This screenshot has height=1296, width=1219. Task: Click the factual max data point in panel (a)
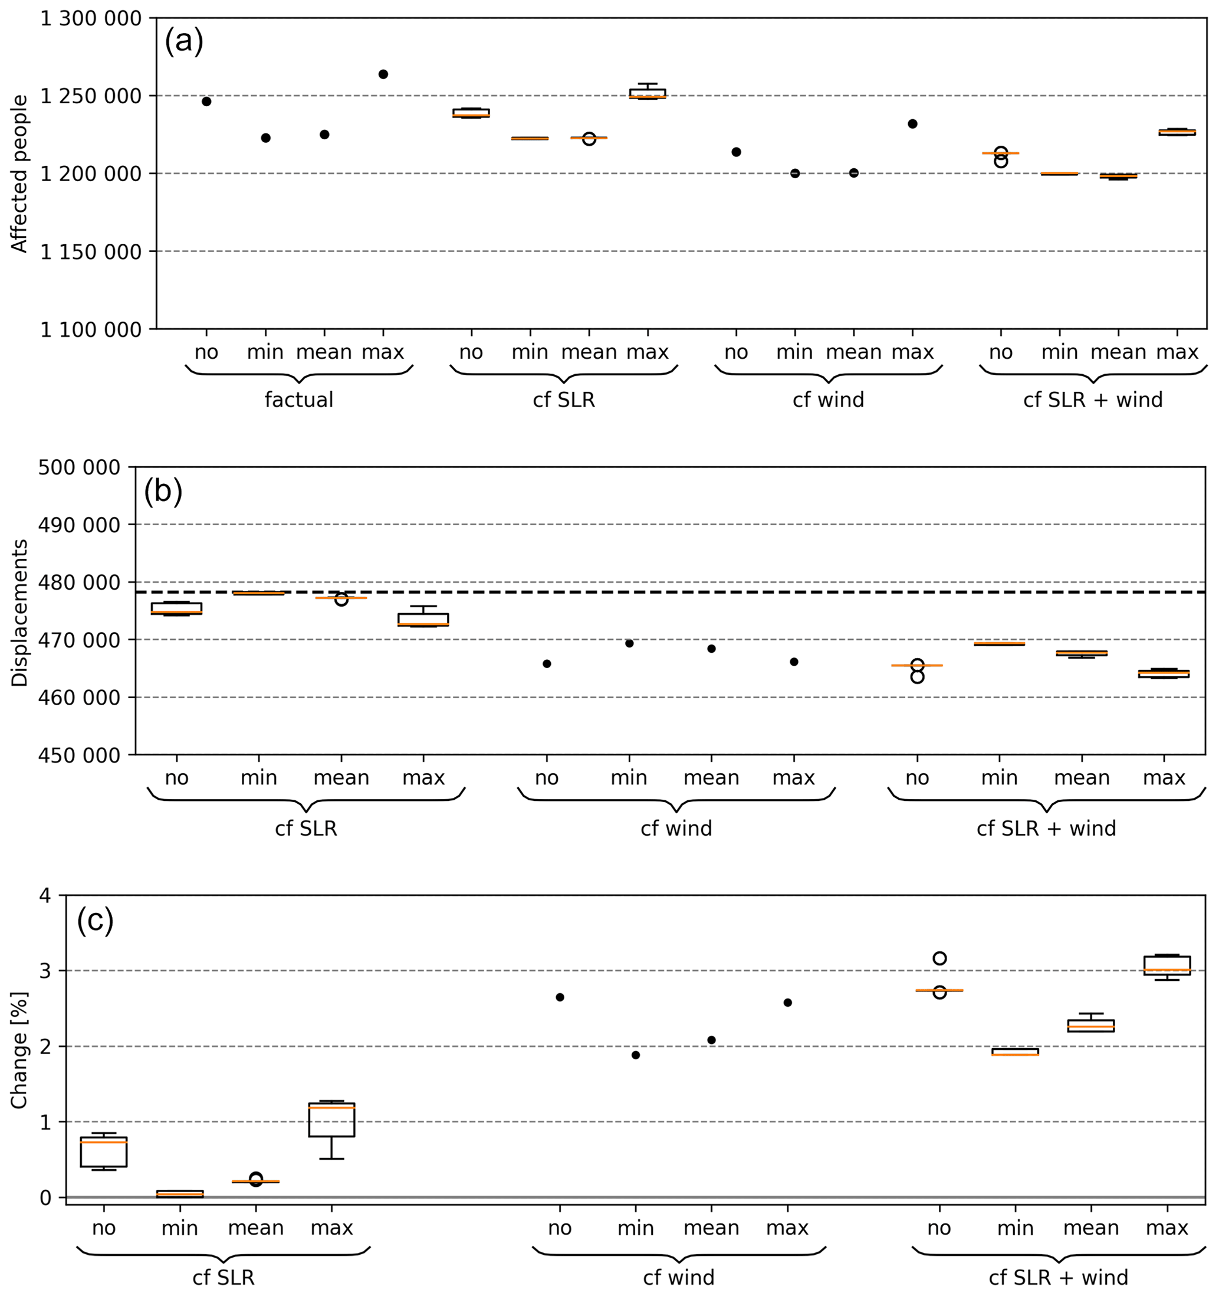point(383,74)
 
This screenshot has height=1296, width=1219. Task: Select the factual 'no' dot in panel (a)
point(206,102)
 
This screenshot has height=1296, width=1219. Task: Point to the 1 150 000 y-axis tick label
point(91,251)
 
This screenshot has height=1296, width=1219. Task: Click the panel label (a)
point(184,42)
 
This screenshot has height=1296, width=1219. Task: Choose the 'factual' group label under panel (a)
point(299,400)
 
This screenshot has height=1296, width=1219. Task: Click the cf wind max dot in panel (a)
point(913,124)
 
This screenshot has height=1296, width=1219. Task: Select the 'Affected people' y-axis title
point(19,174)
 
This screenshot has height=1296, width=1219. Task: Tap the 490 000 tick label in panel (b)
point(80,525)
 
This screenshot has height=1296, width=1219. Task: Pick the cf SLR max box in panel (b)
point(423,618)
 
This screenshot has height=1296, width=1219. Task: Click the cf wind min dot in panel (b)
point(629,643)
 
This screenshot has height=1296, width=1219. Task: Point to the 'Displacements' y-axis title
point(19,613)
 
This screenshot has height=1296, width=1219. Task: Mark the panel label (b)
point(163,492)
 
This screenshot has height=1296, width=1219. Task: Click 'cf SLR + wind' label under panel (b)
point(1046,829)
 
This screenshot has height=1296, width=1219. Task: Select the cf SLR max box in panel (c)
point(331,1120)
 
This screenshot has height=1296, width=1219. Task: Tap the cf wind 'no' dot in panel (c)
point(560,997)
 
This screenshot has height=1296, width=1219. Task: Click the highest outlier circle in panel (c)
point(939,958)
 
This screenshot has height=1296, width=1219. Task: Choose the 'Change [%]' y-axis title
point(19,1050)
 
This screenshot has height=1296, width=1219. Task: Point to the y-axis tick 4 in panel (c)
point(45,896)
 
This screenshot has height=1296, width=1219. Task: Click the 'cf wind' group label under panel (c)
point(679,1278)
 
